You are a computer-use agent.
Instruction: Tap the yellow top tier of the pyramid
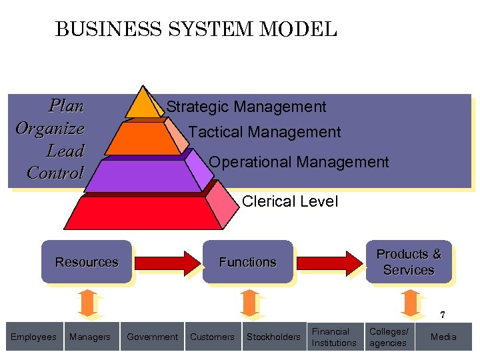click(x=142, y=104)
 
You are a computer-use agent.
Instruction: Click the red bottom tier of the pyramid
click(x=143, y=213)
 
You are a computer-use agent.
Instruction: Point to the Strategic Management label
click(x=246, y=107)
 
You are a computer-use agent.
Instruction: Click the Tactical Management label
click(x=265, y=132)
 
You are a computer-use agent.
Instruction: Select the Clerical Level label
click(x=290, y=201)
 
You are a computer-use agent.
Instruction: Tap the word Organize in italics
click(x=50, y=128)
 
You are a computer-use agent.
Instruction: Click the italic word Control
click(x=55, y=173)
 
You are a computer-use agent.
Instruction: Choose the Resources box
click(x=87, y=262)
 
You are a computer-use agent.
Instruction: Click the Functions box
click(x=247, y=262)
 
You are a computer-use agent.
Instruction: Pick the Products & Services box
click(x=409, y=262)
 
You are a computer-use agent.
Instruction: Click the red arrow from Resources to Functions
click(x=167, y=262)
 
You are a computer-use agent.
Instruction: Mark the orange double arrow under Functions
click(x=248, y=303)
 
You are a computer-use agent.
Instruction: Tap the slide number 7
click(x=441, y=315)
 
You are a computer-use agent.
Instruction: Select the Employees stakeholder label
click(x=33, y=337)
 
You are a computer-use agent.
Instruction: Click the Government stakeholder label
click(x=152, y=337)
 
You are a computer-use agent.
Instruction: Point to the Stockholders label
click(x=273, y=337)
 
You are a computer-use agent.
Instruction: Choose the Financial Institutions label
click(x=334, y=337)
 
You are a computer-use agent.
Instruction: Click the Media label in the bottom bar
click(x=443, y=337)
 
